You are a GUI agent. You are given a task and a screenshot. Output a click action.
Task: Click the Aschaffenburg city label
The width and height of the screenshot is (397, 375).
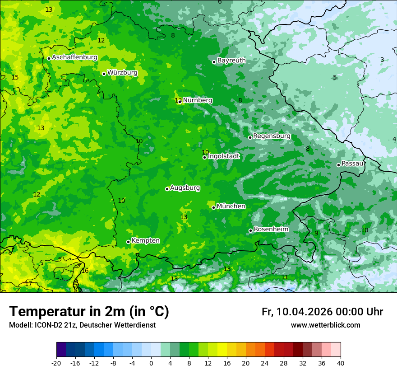click(74, 57)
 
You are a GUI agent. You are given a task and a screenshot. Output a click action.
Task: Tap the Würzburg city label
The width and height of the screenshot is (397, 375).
click(122, 73)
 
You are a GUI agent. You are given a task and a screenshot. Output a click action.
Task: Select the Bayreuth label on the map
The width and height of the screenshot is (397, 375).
click(231, 61)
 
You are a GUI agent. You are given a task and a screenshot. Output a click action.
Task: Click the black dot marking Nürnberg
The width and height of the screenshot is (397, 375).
click(180, 102)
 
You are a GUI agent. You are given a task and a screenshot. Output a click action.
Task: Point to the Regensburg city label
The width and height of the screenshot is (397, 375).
click(272, 136)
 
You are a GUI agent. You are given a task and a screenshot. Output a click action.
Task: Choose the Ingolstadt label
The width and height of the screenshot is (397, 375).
click(223, 156)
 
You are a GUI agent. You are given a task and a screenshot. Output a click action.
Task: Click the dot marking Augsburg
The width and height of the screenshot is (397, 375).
click(167, 189)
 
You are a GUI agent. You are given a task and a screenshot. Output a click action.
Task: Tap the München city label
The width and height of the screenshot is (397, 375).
click(231, 206)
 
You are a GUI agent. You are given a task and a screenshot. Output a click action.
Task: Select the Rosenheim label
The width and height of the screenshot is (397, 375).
click(271, 230)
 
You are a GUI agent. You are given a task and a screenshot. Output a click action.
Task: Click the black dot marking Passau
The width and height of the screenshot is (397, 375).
click(338, 165)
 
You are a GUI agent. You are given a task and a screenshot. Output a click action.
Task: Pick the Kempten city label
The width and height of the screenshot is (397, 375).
click(145, 241)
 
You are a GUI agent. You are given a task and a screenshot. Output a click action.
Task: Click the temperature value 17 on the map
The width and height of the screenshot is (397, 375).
click(28, 284)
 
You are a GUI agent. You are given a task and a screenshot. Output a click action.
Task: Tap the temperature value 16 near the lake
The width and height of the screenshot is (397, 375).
click(85, 271)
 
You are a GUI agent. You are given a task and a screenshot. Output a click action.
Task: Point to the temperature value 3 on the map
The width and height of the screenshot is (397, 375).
click(382, 60)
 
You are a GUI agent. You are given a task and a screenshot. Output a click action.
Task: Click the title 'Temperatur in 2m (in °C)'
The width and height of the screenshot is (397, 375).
click(89, 312)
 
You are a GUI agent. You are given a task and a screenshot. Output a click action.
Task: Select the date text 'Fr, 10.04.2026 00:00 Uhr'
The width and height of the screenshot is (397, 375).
click(322, 312)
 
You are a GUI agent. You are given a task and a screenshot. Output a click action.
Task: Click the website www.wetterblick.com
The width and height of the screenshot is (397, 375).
click(325, 325)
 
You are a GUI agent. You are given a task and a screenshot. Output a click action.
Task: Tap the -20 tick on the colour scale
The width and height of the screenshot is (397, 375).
click(56, 363)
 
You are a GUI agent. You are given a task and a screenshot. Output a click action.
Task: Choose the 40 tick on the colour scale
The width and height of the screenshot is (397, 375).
click(340, 363)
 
